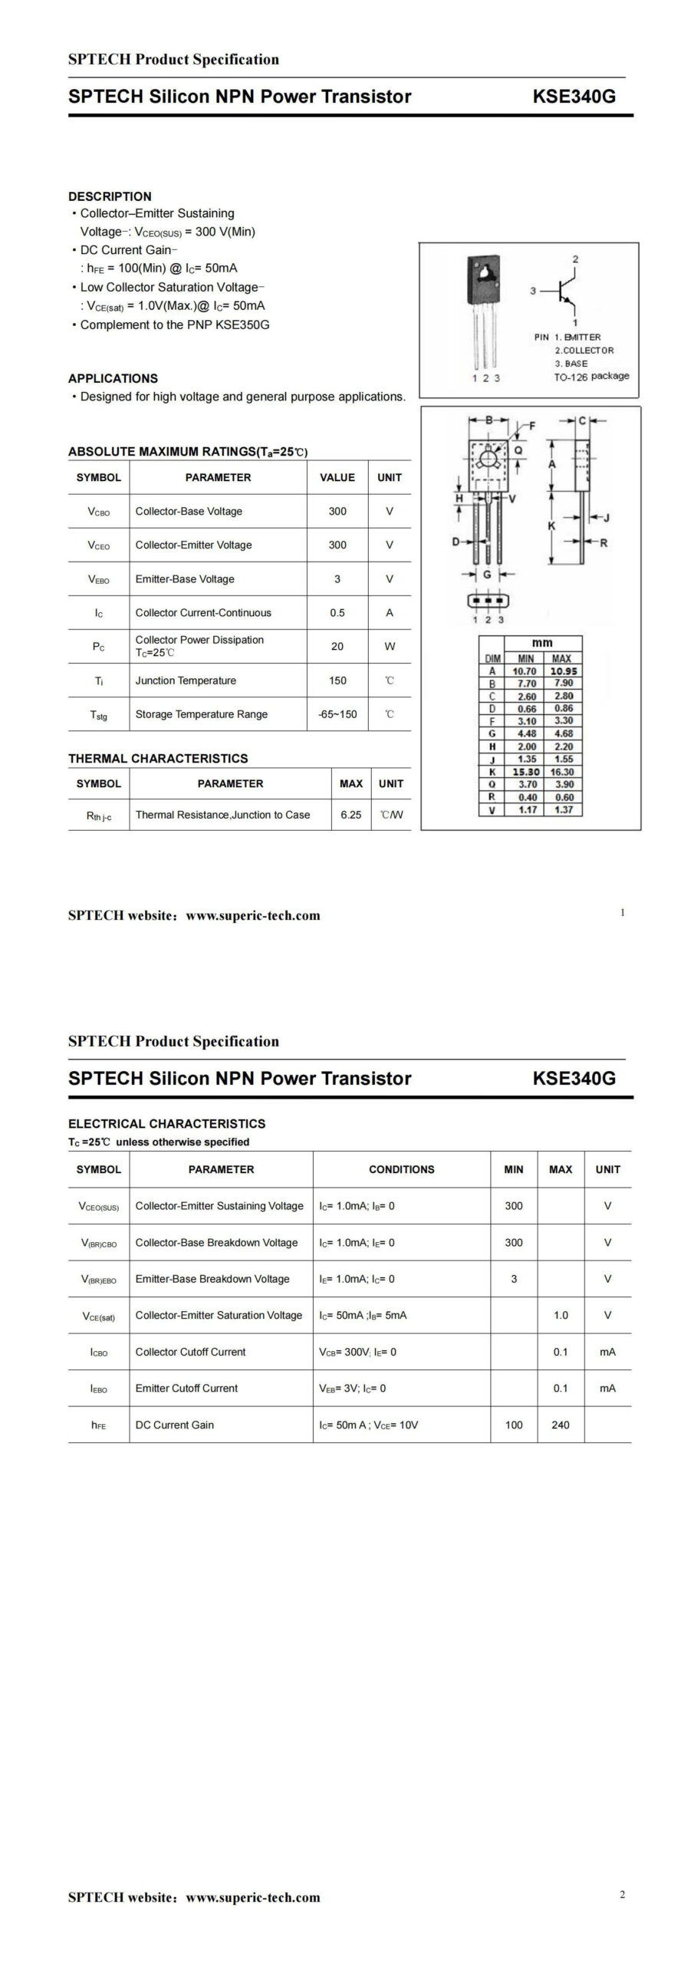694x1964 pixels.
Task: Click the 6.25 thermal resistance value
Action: [350, 815]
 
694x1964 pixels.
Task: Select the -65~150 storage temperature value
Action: [337, 714]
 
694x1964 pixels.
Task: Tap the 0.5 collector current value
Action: [337, 613]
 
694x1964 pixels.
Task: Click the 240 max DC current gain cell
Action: [561, 1425]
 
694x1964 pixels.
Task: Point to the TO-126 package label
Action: [591, 377]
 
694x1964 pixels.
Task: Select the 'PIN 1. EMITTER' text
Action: [567, 337]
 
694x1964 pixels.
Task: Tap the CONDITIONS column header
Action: [401, 1169]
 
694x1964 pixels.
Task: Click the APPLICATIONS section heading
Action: [113, 378]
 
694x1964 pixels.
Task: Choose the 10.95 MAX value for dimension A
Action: [563, 671]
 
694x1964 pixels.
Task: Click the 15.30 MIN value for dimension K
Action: [526, 772]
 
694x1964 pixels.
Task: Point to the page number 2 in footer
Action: [622, 1894]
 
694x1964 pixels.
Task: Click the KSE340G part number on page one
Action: [574, 97]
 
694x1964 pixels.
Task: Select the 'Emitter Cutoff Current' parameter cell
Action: [186, 1388]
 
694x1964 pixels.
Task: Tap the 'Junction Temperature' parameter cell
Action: [186, 680]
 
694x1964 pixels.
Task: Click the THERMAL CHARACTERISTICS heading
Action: [158, 759]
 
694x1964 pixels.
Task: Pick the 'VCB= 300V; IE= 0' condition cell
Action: [358, 1352]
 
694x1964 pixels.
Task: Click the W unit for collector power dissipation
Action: [390, 647]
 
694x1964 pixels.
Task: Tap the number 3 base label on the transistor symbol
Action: [533, 291]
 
